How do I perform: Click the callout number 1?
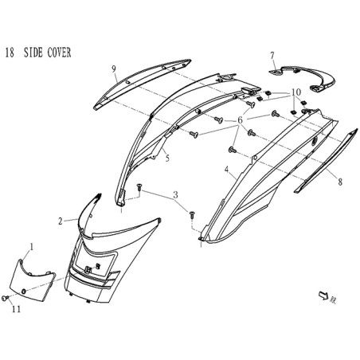click(x=32, y=247)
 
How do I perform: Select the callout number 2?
click(x=61, y=221)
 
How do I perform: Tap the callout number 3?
click(x=175, y=195)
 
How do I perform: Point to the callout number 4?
click(x=226, y=170)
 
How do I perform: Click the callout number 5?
click(x=167, y=158)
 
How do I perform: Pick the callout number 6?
click(x=240, y=120)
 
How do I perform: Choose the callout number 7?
click(x=272, y=56)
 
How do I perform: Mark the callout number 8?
click(x=340, y=182)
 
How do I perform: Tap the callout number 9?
click(x=114, y=69)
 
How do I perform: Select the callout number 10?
click(x=296, y=92)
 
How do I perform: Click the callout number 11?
click(x=16, y=309)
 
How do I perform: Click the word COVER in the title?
click(x=59, y=53)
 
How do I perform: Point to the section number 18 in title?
click(x=10, y=53)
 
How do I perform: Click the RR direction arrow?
click(x=323, y=295)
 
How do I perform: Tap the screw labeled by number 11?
click(x=5, y=298)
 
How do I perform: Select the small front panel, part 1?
click(x=32, y=280)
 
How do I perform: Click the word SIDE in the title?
click(x=33, y=53)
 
